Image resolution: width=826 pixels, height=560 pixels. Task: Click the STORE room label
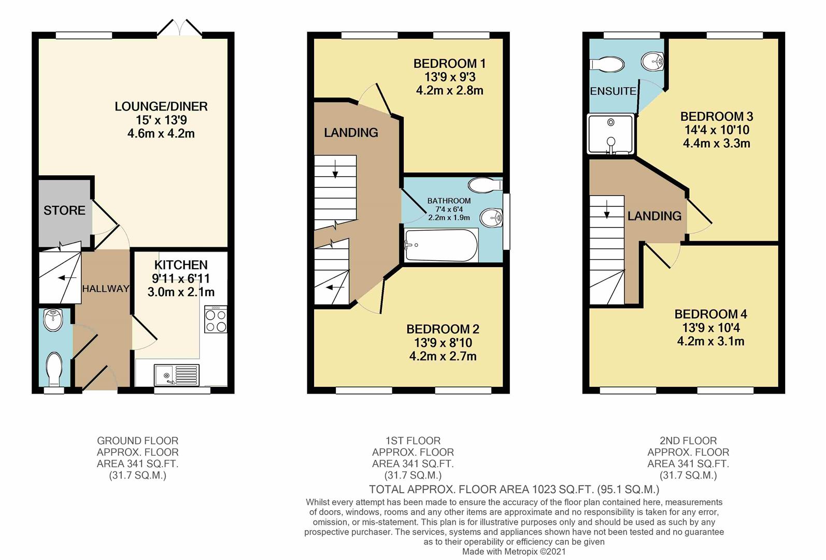click(64, 211)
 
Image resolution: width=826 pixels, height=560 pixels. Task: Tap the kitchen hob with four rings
click(216, 320)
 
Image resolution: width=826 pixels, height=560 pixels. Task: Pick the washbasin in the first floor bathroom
click(491, 217)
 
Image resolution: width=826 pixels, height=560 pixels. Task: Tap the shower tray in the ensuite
click(610, 134)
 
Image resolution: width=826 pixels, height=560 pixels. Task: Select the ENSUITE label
click(613, 91)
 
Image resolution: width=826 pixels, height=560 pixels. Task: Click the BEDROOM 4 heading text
click(710, 314)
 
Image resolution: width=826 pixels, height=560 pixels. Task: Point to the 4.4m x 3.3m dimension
click(716, 144)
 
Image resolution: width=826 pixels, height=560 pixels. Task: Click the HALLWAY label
click(106, 289)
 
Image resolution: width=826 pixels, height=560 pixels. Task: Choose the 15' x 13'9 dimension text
click(161, 120)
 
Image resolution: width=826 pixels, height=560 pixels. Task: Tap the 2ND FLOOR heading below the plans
click(688, 441)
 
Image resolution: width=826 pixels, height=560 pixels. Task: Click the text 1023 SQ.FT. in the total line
click(562, 489)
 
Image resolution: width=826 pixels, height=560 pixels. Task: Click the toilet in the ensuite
click(607, 64)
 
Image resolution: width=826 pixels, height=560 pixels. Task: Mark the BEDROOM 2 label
click(443, 329)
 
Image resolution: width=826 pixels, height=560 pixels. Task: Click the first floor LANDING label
click(351, 133)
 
